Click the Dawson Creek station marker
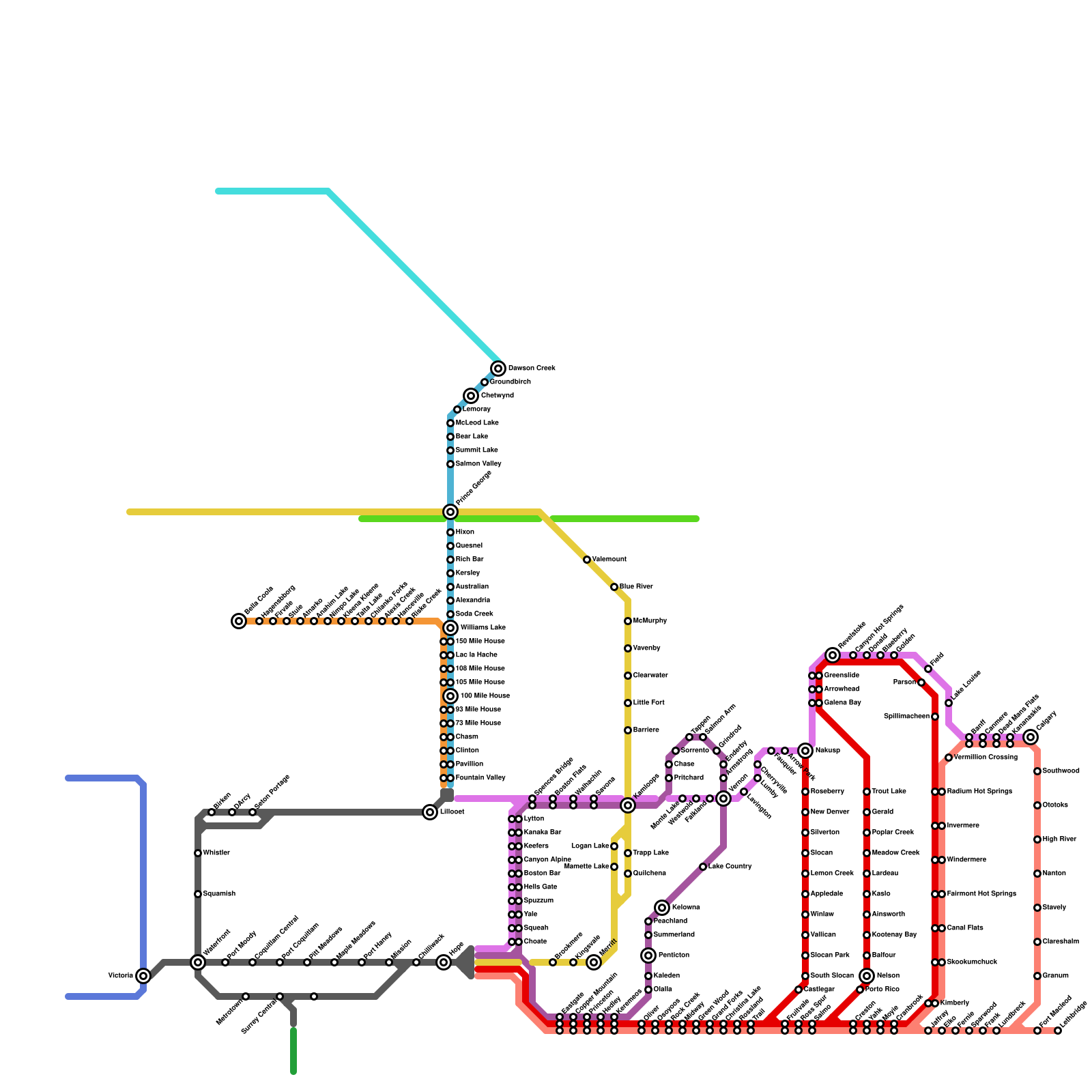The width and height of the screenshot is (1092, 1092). click(x=499, y=369)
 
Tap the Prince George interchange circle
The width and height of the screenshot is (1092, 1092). click(x=450, y=512)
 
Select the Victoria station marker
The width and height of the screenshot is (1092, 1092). click(x=143, y=976)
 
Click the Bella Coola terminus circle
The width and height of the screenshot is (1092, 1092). click(x=239, y=621)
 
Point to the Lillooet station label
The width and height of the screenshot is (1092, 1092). click(x=452, y=812)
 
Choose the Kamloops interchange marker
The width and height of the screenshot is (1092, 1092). click(x=628, y=805)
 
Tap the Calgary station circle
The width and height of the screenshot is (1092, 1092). click(x=1031, y=737)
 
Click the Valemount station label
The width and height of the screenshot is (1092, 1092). click(x=609, y=560)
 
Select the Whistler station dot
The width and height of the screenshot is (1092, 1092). click(x=198, y=853)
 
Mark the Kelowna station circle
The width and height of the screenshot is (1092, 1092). click(x=662, y=908)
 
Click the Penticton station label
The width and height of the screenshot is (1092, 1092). click(x=674, y=955)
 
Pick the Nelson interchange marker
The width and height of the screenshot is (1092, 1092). click(x=867, y=976)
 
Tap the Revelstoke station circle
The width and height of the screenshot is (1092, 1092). click(x=833, y=655)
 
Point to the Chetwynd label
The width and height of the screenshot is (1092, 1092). click(x=498, y=396)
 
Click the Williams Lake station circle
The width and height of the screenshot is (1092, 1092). click(x=450, y=628)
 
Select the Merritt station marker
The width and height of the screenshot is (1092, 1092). click(x=594, y=962)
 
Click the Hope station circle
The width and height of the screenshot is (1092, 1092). click(x=444, y=962)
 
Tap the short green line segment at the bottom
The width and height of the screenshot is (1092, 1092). click(x=293, y=1051)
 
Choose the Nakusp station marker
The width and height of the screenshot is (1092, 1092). click(x=805, y=751)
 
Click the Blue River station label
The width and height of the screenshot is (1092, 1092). click(x=636, y=587)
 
